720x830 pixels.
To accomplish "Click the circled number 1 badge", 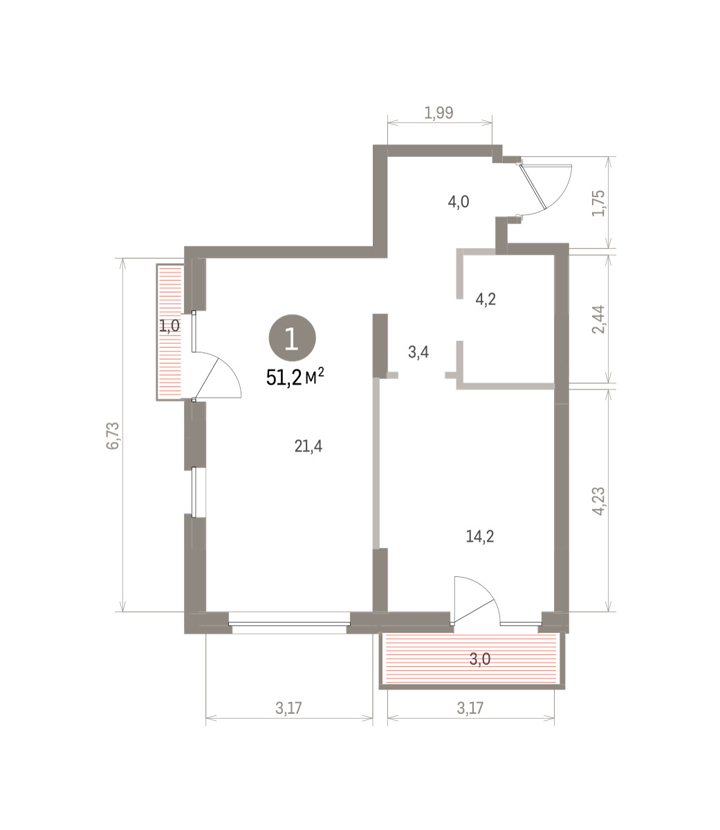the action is pyautogui.click(x=292, y=338).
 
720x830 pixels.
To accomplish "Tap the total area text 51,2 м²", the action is pyautogui.click(x=295, y=377).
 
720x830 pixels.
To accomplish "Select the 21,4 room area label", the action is pyautogui.click(x=308, y=446).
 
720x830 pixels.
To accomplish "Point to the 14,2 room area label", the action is pyautogui.click(x=480, y=536).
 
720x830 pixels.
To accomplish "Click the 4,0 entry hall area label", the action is pyautogui.click(x=459, y=201).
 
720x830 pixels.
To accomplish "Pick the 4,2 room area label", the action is pyautogui.click(x=486, y=299).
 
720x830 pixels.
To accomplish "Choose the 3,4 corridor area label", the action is pyautogui.click(x=418, y=352).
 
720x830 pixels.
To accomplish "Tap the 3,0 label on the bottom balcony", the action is pyautogui.click(x=480, y=658).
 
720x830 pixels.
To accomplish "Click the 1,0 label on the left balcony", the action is pyautogui.click(x=169, y=325).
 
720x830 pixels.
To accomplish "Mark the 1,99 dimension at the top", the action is pyautogui.click(x=439, y=112).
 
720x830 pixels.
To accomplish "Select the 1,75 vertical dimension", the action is pyautogui.click(x=598, y=203).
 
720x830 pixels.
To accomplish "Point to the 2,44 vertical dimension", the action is pyautogui.click(x=598, y=320).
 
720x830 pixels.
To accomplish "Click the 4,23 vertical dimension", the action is pyautogui.click(x=598, y=501).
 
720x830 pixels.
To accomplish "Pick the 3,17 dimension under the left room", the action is pyautogui.click(x=289, y=708).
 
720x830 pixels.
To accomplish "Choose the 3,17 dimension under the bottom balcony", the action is pyautogui.click(x=470, y=708).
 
